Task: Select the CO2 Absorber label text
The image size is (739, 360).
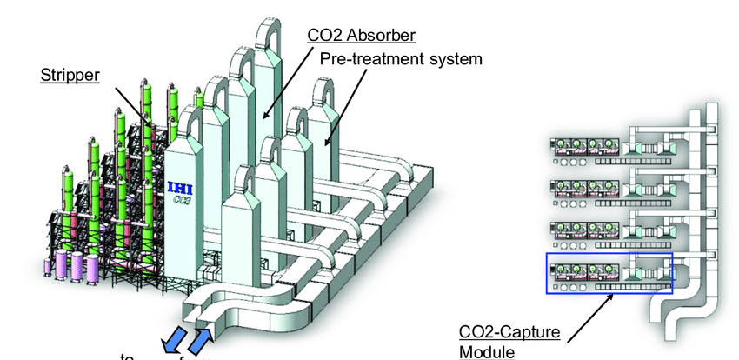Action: [360, 36]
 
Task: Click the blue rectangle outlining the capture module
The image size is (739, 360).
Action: [609, 273]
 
